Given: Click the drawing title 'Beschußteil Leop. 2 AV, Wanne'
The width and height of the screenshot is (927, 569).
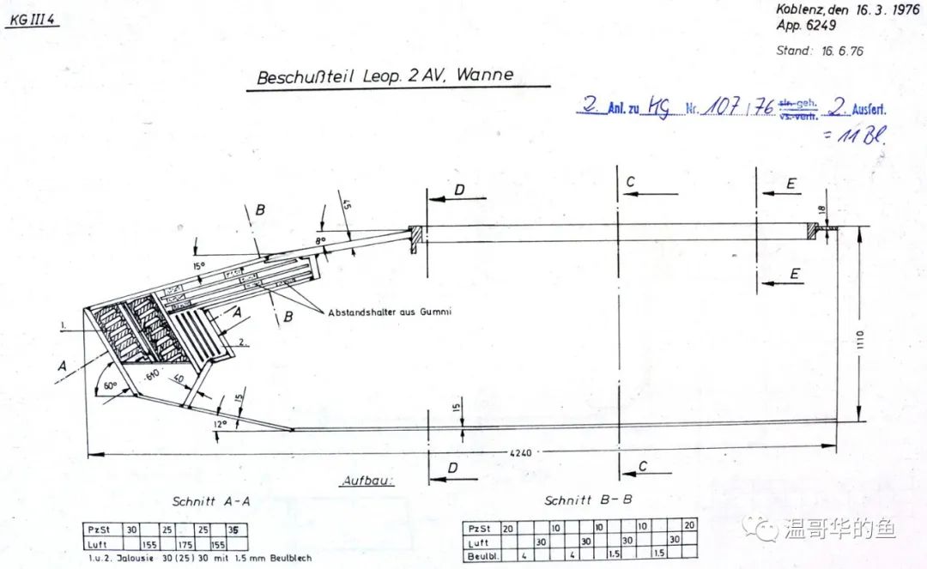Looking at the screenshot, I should click(x=385, y=76).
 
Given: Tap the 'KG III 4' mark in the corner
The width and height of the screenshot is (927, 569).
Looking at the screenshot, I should click(x=32, y=21).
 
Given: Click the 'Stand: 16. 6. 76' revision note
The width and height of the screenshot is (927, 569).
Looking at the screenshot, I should click(x=820, y=51).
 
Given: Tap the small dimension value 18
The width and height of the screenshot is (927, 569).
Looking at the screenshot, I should click(x=822, y=210).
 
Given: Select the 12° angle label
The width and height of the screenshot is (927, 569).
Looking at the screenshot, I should click(x=220, y=423).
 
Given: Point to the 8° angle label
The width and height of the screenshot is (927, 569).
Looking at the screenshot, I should click(x=320, y=242).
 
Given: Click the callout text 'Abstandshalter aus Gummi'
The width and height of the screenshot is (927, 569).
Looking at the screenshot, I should click(x=390, y=312).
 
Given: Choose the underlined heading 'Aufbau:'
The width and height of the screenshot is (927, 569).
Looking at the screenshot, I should click(x=367, y=481).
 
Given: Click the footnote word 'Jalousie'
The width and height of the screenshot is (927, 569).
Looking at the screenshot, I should click(x=134, y=558).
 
